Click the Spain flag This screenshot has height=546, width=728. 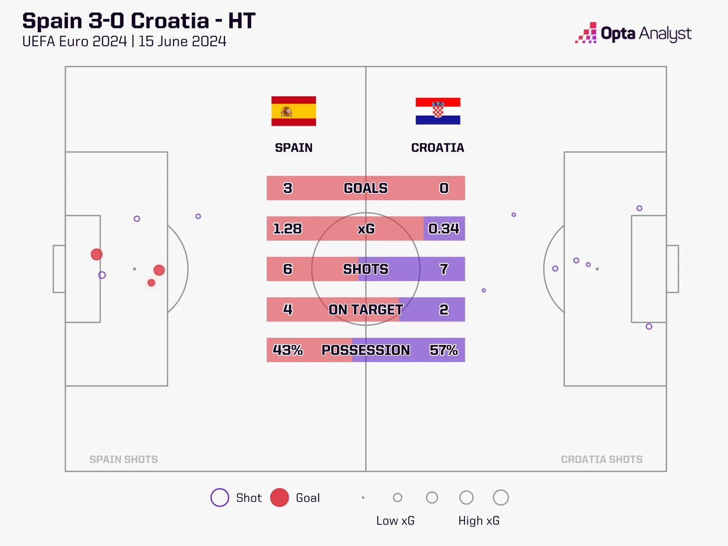[x=294, y=111]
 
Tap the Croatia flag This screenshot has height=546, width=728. [x=438, y=111]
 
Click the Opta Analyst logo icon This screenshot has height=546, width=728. [x=586, y=33]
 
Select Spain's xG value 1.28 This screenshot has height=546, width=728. [x=287, y=228]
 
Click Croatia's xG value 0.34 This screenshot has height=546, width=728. [x=444, y=228]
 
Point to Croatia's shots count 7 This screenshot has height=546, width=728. [x=444, y=269]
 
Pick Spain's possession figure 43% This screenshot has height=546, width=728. [x=288, y=350]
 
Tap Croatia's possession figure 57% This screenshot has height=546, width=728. [x=444, y=350]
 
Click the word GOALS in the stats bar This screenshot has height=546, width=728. [x=365, y=188]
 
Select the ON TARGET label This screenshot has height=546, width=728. [x=366, y=309]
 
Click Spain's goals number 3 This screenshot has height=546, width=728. [x=288, y=188]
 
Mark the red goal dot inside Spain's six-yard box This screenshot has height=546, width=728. [x=97, y=254]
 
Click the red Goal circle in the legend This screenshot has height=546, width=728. [x=279, y=497]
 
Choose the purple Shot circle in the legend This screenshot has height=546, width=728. [x=219, y=497]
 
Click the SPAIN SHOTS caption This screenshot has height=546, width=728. [x=123, y=459]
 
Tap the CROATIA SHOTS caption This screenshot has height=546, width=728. [x=602, y=459]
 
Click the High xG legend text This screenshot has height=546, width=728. [x=479, y=521]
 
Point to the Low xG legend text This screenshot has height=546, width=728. [x=395, y=521]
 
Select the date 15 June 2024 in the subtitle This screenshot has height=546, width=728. [x=182, y=41]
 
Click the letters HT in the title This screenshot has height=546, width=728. [x=242, y=20]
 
